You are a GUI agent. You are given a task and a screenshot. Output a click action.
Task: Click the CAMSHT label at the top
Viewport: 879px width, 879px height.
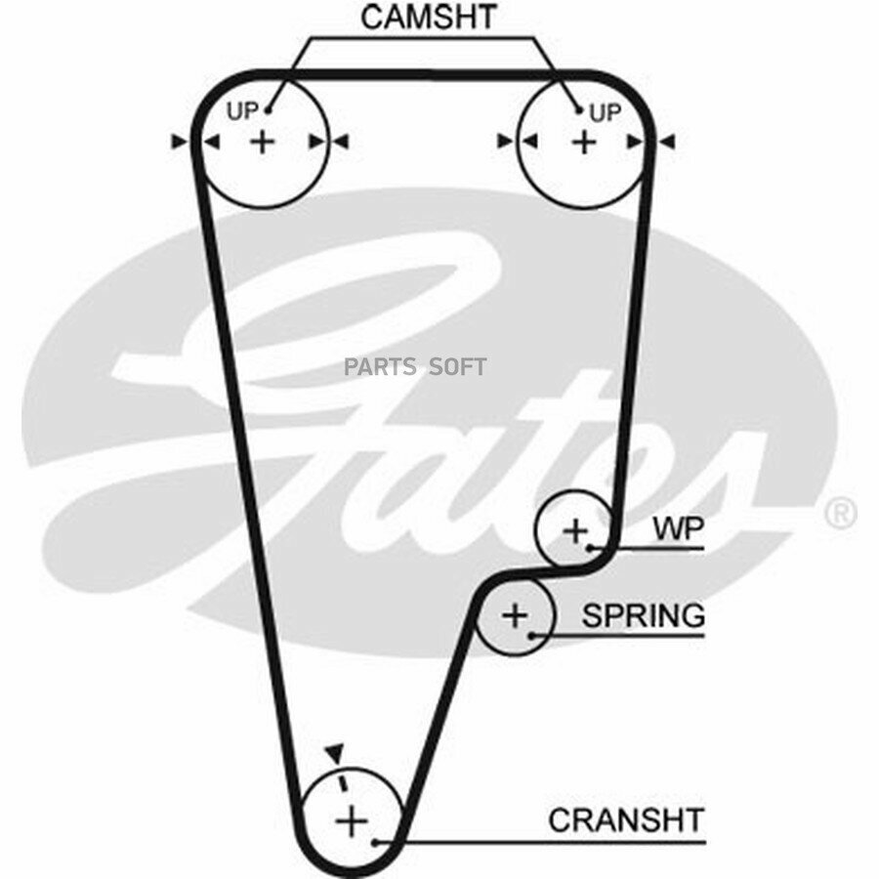point(429,18)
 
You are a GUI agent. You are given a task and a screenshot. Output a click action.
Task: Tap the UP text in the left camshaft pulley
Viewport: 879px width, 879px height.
point(242,111)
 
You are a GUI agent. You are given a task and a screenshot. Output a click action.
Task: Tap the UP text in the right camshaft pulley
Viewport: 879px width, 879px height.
point(605,113)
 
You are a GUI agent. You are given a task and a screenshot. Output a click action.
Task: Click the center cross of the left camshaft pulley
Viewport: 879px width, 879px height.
point(263,142)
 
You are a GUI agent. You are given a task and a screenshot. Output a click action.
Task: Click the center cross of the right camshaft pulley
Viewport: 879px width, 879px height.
point(584,142)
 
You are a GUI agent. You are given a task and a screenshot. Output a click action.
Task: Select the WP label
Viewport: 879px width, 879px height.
point(679,528)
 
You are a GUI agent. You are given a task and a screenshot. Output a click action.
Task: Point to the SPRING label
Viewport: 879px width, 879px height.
point(643,615)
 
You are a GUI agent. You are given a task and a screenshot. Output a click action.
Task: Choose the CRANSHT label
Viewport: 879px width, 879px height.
point(626,820)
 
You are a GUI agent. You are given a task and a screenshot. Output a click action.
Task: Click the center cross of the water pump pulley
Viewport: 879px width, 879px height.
point(575,530)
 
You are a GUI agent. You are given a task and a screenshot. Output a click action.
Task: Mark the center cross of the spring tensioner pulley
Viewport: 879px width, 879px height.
point(515,615)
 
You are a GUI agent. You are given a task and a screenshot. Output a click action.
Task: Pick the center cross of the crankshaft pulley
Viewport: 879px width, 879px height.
point(352,820)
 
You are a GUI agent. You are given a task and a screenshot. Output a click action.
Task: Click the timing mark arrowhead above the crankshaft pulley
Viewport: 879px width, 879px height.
point(335,753)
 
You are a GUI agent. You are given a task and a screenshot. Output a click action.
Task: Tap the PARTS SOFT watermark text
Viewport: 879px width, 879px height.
point(415,366)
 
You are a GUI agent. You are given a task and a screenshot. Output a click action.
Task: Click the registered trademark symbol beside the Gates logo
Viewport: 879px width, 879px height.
point(839,513)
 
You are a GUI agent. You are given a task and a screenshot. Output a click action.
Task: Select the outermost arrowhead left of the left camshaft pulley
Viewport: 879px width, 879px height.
point(179,142)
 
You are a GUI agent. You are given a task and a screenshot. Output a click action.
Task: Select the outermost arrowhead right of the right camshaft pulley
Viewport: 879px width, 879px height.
point(668,142)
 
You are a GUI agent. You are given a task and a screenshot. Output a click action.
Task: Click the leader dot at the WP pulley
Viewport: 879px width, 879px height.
point(590,547)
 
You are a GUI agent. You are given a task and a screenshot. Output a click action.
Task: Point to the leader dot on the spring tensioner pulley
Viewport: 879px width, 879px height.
point(531,635)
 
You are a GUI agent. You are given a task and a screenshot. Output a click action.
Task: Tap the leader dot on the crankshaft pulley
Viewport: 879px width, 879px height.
point(375,842)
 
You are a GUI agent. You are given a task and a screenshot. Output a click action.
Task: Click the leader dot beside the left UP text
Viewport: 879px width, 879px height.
point(268,111)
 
